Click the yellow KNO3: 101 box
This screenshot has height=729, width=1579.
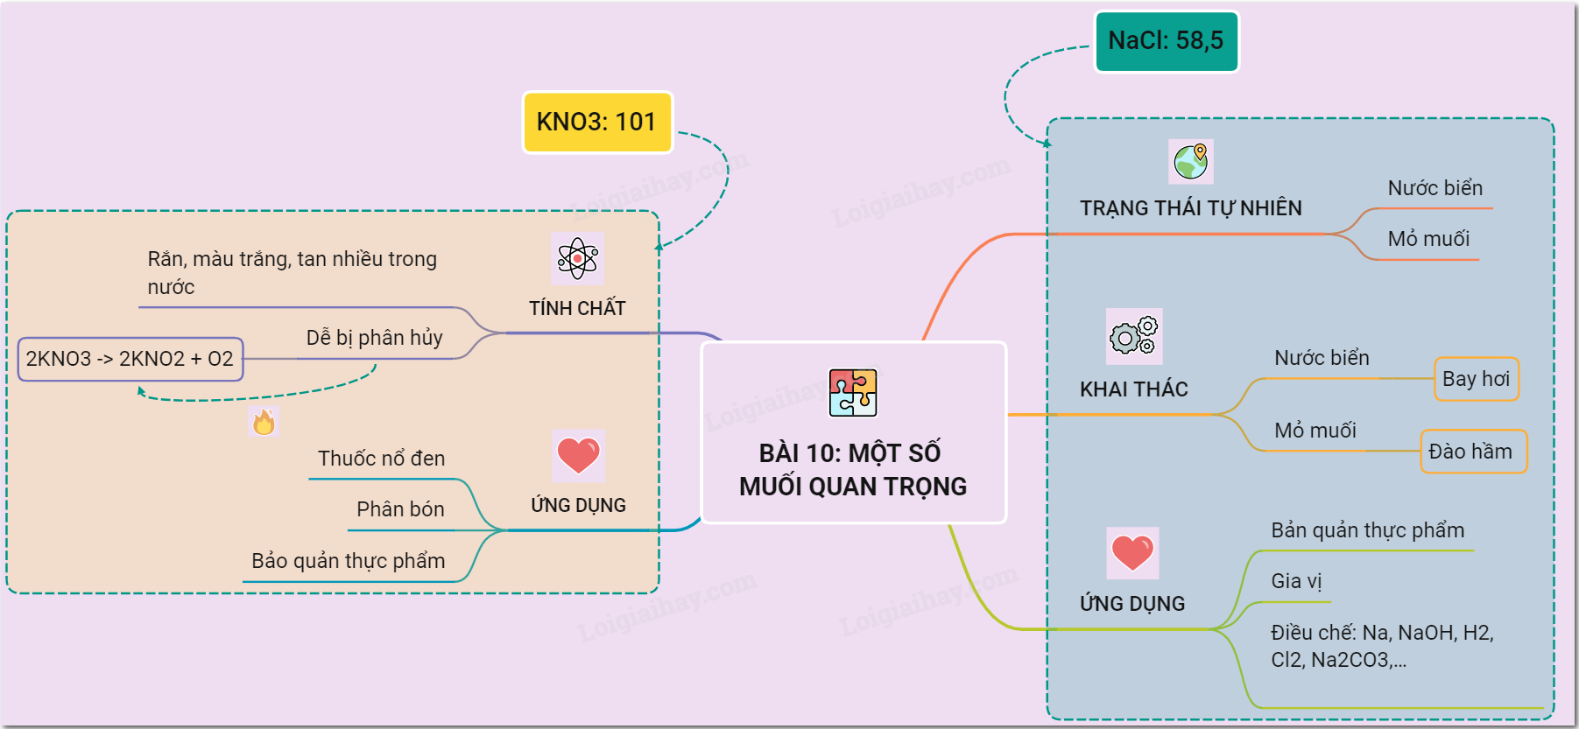(597, 122)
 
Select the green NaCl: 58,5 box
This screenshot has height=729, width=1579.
(1167, 41)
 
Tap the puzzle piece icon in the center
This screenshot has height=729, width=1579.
(853, 393)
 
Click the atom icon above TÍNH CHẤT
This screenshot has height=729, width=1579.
(577, 258)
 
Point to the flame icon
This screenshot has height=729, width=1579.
(264, 422)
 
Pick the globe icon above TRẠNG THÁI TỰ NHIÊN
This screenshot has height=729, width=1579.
(1191, 161)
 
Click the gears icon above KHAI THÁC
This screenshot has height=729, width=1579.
(1134, 336)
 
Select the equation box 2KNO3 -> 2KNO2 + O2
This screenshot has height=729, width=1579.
(130, 359)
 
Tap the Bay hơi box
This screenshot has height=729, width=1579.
(1476, 379)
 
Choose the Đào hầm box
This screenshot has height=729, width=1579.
(1472, 452)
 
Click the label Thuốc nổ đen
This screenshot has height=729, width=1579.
(381, 459)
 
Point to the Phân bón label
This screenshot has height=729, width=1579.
(400, 509)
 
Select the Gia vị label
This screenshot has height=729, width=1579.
(1296, 581)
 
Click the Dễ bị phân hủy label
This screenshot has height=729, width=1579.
(374, 338)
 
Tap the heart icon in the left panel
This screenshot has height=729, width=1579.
(578, 455)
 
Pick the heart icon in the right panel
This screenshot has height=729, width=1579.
(1132, 552)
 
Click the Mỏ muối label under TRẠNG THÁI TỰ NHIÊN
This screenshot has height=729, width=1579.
(1428, 239)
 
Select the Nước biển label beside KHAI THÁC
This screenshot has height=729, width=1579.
(1322, 358)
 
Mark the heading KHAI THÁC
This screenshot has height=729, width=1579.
(1133, 389)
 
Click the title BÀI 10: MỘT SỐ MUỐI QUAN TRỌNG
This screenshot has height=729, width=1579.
(853, 470)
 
